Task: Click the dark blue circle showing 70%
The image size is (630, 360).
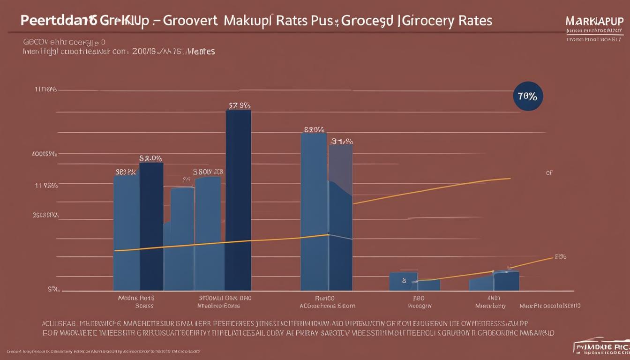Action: click(528, 97)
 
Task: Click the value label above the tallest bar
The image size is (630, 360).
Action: click(239, 105)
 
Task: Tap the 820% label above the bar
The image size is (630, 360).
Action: click(314, 129)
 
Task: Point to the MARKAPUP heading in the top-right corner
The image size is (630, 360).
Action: click(594, 22)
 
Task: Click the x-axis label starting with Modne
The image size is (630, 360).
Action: click(136, 298)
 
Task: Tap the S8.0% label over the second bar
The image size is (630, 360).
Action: click(150, 158)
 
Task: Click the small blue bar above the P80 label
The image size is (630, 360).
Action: click(403, 281)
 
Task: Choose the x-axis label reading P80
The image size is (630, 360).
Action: click(419, 298)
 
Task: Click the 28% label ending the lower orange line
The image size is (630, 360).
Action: click(560, 256)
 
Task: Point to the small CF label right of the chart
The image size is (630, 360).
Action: click(549, 172)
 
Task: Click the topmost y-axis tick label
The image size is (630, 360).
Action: click(45, 90)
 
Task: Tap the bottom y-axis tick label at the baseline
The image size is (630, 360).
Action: click(53, 290)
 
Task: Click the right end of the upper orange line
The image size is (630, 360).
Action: click(510, 178)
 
